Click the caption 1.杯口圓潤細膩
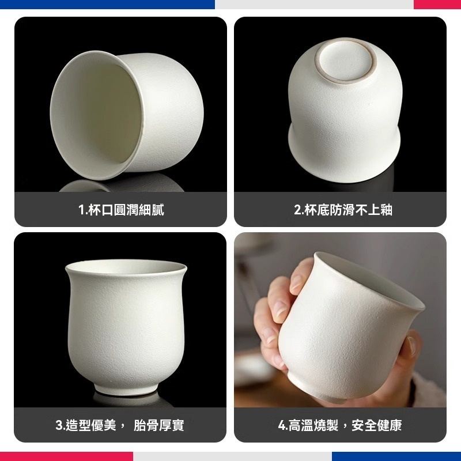121,210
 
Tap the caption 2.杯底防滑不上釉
343,210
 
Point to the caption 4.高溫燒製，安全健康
340,425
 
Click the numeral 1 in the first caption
81,210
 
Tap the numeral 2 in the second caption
297,210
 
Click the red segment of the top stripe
437,4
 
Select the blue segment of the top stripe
107,4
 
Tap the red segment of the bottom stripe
66,456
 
